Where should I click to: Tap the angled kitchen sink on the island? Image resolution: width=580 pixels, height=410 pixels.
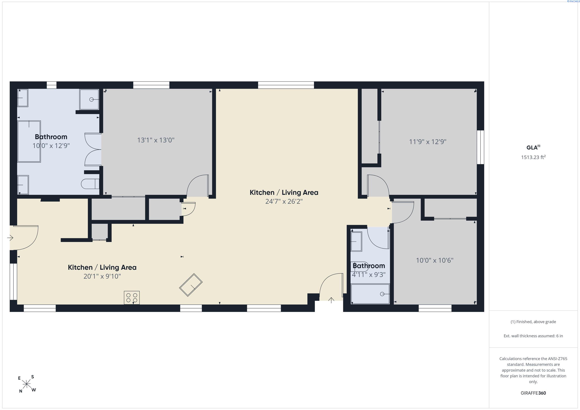click(191, 285)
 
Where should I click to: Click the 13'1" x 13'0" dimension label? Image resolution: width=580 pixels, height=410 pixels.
click(156, 140)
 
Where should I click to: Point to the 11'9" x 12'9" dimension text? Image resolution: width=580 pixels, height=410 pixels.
click(428, 142)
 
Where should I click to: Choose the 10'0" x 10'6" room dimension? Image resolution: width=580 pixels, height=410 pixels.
click(435, 260)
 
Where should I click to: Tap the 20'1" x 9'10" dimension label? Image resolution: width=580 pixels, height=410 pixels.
click(102, 276)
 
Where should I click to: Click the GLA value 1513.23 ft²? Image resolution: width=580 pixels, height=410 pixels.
click(533, 157)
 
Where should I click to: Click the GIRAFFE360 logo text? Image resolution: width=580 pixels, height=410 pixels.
click(533, 393)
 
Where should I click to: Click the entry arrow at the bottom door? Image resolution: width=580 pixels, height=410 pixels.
click(331, 300)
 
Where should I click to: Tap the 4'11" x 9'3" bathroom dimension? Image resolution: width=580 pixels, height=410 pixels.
click(369, 275)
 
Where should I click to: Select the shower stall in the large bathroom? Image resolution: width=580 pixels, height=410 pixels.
click(89, 99)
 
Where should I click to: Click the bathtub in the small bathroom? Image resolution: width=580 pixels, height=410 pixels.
click(370, 294)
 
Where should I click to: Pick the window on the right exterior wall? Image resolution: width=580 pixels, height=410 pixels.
click(481, 147)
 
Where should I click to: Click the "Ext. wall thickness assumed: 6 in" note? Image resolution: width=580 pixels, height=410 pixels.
click(533, 336)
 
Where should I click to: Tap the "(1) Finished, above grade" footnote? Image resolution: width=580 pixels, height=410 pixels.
click(533, 322)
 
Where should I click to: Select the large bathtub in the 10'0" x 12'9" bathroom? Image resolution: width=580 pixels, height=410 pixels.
click(29, 141)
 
